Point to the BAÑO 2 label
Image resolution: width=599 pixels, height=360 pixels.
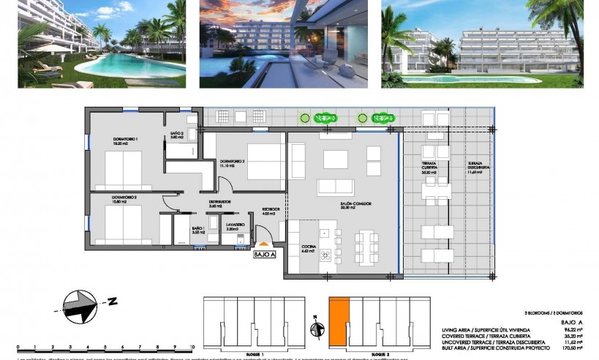(176, 134)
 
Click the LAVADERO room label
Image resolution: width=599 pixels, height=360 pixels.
(234, 226)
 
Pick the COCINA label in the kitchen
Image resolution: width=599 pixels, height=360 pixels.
(309, 248)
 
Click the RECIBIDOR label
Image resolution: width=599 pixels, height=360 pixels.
(269, 211)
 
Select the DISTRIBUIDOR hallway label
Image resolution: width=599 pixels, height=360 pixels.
(220, 203)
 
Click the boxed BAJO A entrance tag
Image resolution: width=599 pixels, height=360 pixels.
(264, 255)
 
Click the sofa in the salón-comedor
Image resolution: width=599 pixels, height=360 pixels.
(335, 187)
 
